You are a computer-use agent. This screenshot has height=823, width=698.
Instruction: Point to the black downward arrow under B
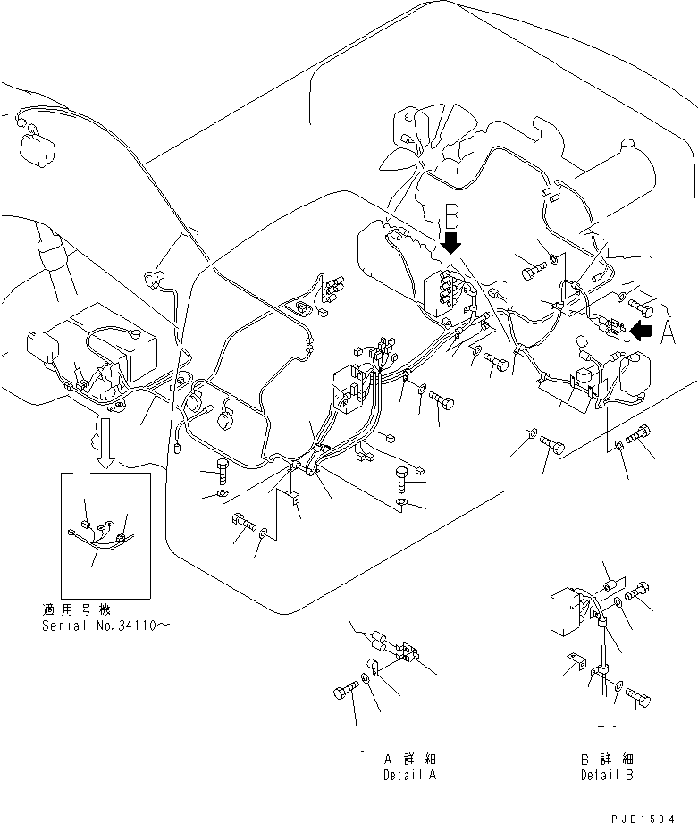[452, 242]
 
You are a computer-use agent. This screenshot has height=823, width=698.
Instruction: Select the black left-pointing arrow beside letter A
[641, 331]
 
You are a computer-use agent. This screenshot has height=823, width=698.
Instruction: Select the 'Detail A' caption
[409, 775]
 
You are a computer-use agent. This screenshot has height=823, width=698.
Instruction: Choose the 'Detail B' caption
[606, 775]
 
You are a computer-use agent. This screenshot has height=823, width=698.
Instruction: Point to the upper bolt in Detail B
[641, 591]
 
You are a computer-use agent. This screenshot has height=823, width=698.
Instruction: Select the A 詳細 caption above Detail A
[409, 759]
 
